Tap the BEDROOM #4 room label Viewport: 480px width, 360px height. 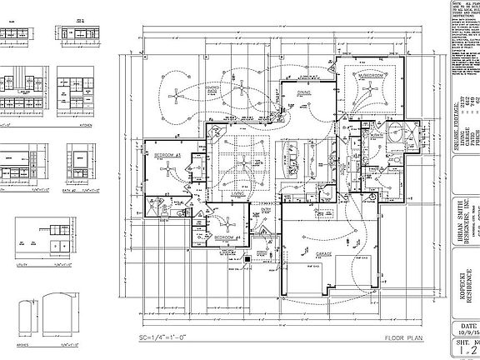coord(227,237)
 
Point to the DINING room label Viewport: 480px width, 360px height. coord(302,93)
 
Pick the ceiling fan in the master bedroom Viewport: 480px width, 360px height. coord(367,94)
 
